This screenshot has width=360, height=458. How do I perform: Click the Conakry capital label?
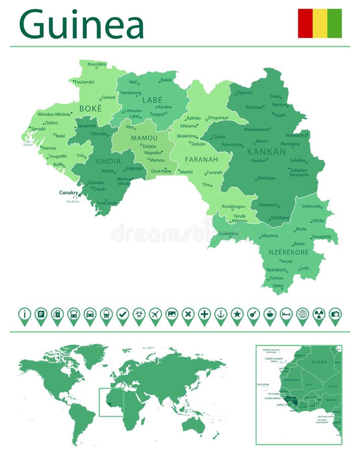[x=69, y=192]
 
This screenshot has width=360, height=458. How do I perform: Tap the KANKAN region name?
[x=266, y=152]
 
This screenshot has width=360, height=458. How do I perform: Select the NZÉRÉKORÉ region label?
[x=285, y=252]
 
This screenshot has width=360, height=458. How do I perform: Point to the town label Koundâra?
[x=97, y=64]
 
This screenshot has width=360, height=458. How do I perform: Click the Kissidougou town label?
[x=233, y=207]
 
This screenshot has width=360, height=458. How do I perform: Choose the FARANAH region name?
[x=201, y=159]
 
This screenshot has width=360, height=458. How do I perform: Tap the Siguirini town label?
[x=245, y=93]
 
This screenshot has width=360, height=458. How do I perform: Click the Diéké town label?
[x=278, y=286]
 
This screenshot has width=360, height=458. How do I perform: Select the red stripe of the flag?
[x=305, y=23]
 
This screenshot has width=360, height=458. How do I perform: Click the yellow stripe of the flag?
[x=320, y=23]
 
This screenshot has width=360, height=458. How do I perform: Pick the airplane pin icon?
[x=155, y=315]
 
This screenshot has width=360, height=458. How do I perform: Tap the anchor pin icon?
[x=220, y=315]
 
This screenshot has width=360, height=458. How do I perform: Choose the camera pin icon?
[x=335, y=315]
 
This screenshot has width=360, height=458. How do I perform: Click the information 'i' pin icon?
[x=24, y=315]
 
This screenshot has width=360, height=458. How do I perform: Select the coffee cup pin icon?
[x=269, y=315]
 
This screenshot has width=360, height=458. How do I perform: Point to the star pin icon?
[x=237, y=315]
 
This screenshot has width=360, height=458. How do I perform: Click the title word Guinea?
[x=81, y=24]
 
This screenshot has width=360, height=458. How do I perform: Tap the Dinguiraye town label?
[x=218, y=118]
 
